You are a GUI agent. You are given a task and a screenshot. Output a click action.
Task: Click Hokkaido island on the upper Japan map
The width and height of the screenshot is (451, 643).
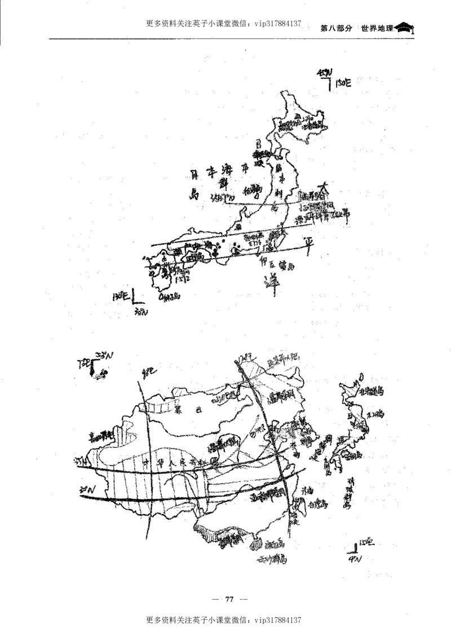point(302,121)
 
